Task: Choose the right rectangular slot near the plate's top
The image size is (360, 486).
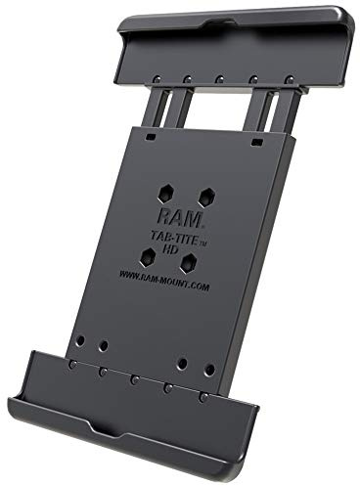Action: [x=256, y=143]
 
